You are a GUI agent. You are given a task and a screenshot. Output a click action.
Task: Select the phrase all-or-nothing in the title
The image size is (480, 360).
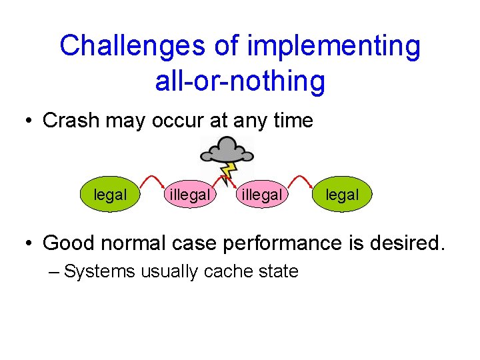pos(240,81)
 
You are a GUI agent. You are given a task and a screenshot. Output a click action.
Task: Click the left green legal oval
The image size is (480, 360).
pos(110,195)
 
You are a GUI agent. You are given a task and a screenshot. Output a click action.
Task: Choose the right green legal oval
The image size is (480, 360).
pos(342,195)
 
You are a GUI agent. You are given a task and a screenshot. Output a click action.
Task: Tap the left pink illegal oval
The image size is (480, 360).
pos(190,195)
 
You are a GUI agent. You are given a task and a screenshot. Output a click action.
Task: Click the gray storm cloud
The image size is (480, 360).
pos(227,151)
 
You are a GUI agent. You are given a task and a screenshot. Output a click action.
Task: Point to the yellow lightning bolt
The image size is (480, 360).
pos(229,174)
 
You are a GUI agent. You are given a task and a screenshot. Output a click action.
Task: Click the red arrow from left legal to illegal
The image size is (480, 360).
pos(153,181)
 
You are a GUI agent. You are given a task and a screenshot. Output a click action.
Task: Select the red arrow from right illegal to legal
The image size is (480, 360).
pos(303,181)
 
